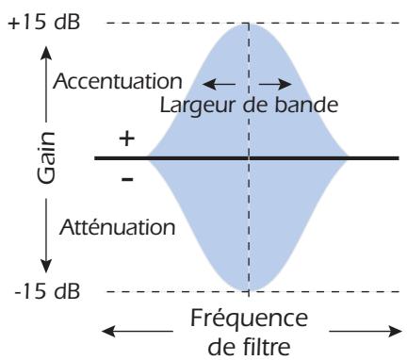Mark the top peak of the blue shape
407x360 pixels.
(x=249, y=22)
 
